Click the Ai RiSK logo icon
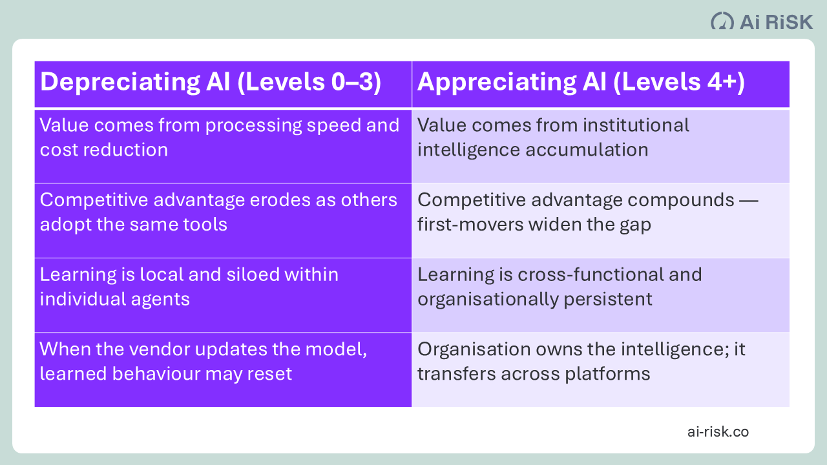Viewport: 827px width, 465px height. (x=722, y=21)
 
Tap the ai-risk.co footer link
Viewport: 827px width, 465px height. (x=718, y=431)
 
